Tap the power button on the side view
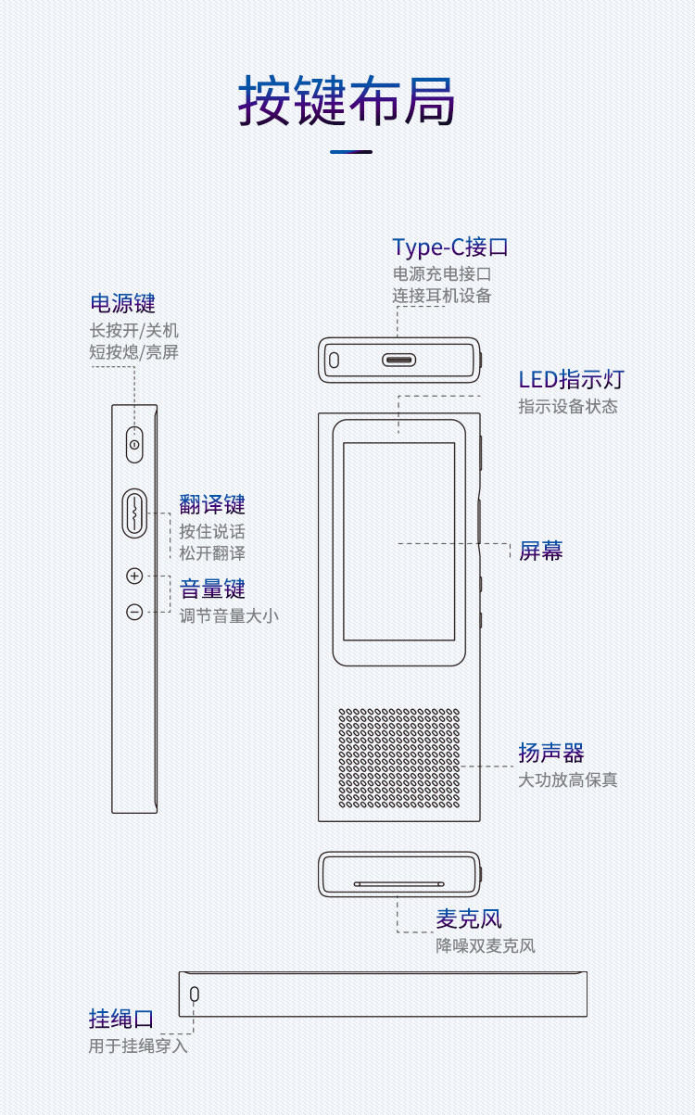click(x=135, y=445)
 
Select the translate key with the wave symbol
click(x=134, y=512)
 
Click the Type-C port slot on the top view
click(x=398, y=360)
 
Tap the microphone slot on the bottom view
click(x=398, y=883)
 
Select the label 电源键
click(x=122, y=303)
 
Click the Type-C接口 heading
click(x=450, y=247)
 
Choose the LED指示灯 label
click(x=571, y=379)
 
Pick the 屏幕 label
click(x=540, y=551)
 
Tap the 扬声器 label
click(x=551, y=753)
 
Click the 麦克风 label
click(x=469, y=919)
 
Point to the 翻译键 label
click(x=212, y=505)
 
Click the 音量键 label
click(x=212, y=589)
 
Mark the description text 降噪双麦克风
click(x=486, y=946)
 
